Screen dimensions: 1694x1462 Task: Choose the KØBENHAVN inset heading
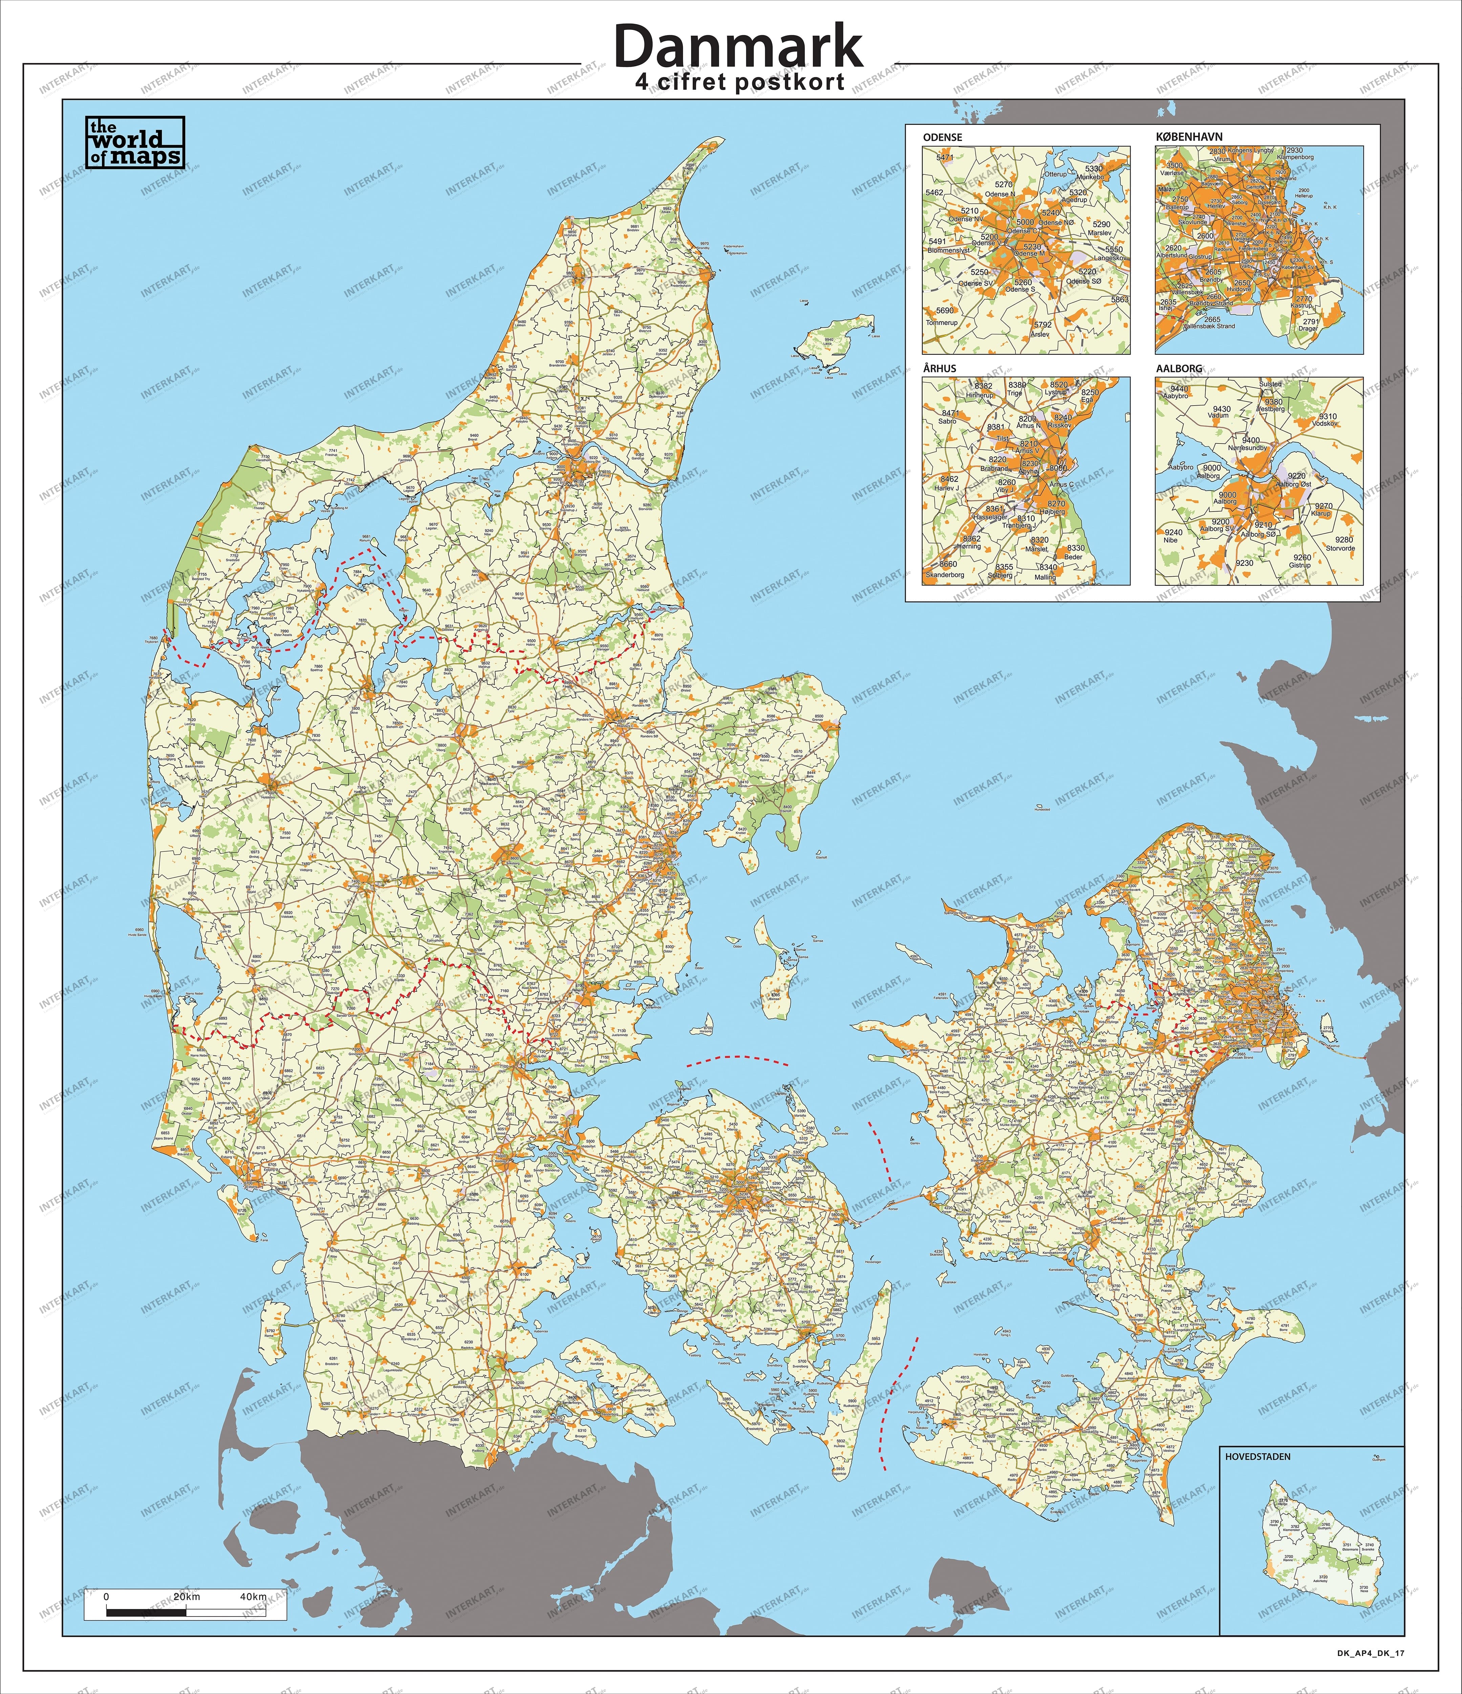point(1189,137)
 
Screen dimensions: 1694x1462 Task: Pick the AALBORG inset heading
point(1179,368)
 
